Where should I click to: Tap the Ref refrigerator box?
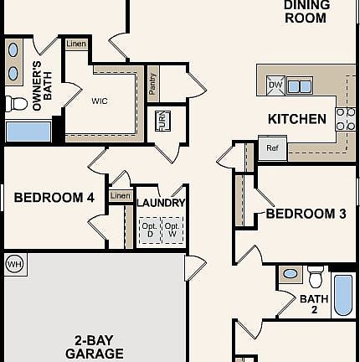pyautogui.click(x=272, y=148)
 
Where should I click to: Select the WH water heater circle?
pyautogui.click(x=13, y=265)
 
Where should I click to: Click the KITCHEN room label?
pyautogui.click(x=297, y=119)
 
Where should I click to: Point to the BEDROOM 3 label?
pyautogui.click(x=306, y=214)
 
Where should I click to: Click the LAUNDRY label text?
pyautogui.click(x=161, y=203)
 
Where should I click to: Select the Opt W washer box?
pyautogui.click(x=171, y=230)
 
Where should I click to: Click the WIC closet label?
pyautogui.click(x=100, y=101)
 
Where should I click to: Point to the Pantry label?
pyautogui.click(x=152, y=83)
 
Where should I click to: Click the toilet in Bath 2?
pyautogui.click(x=316, y=276)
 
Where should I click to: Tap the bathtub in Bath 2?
pyautogui.click(x=343, y=293)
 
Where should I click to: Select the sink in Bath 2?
pyautogui.click(x=291, y=274)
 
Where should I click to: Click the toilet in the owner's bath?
pyautogui.click(x=17, y=104)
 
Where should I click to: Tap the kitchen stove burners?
pyautogui.click(x=345, y=119)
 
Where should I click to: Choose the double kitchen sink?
pyautogui.click(x=301, y=85)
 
